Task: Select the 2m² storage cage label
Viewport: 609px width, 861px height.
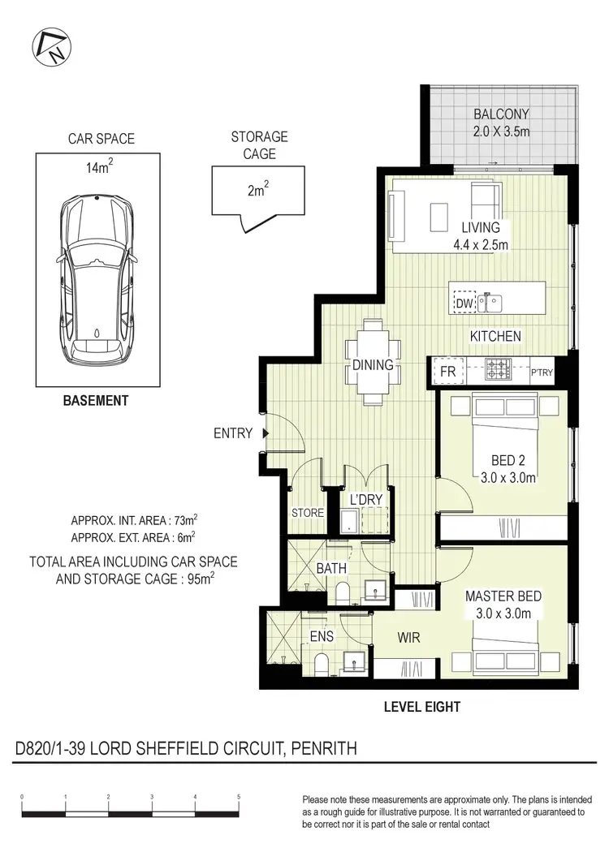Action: pyautogui.click(x=257, y=192)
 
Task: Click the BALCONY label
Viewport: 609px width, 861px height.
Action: pyautogui.click(x=501, y=114)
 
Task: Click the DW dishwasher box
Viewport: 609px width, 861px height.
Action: pyautogui.click(x=464, y=304)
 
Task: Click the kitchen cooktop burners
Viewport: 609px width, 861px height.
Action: pyautogui.click(x=496, y=370)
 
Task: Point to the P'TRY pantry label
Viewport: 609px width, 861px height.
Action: pyautogui.click(x=542, y=372)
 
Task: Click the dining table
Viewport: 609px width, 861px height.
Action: pyautogui.click(x=373, y=363)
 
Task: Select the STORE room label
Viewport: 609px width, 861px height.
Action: pyautogui.click(x=308, y=513)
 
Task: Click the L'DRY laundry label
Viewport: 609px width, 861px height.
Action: pyautogui.click(x=365, y=501)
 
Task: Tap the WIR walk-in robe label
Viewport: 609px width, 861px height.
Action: pyautogui.click(x=409, y=639)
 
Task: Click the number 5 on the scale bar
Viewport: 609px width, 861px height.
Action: pyautogui.click(x=239, y=797)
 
